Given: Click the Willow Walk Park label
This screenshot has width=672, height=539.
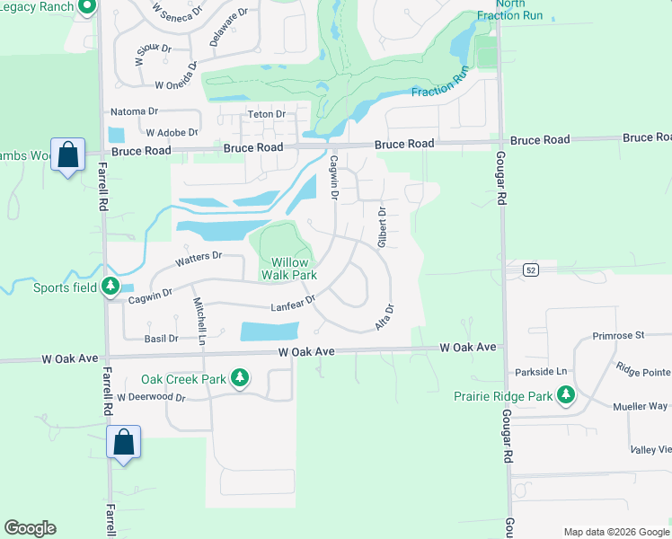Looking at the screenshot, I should [288, 268].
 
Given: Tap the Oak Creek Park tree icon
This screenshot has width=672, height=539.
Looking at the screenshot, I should [240, 378].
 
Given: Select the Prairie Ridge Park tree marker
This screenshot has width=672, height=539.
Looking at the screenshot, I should [566, 394].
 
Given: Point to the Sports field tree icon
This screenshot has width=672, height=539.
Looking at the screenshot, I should [111, 287].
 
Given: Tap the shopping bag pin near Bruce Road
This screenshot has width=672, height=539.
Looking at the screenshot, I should [68, 155].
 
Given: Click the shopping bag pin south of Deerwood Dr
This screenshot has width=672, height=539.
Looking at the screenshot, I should [123, 443].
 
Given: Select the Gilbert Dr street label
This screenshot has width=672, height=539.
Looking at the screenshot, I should [382, 228].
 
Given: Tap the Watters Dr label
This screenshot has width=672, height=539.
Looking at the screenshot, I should [199, 259].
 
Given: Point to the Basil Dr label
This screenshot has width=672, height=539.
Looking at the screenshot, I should [161, 339].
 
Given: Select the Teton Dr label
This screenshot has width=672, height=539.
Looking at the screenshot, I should [267, 114].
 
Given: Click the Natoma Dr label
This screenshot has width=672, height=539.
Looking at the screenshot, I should [133, 112].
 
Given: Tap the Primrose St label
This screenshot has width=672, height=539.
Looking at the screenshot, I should [618, 335].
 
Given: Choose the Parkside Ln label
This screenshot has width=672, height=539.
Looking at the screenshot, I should [541, 372].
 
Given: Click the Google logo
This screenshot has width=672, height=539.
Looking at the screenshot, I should [30, 528].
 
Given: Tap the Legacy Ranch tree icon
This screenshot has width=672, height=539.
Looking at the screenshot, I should [87, 8].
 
